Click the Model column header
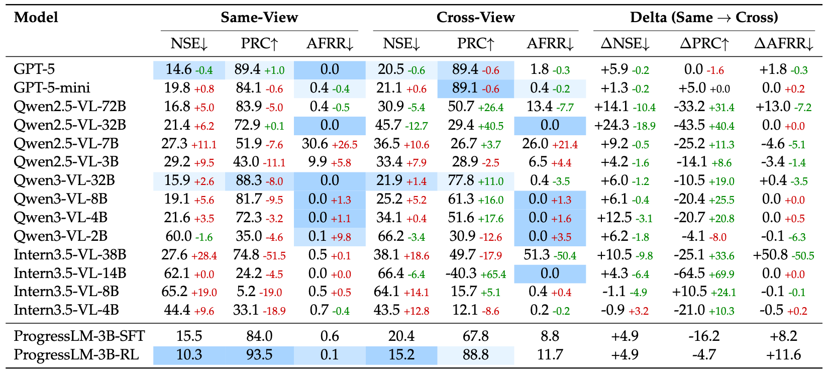[x=36, y=18]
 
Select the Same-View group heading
[x=259, y=18]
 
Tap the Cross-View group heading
[x=475, y=18]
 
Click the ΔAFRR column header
[x=783, y=44]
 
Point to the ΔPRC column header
[x=704, y=44]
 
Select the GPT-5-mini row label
[x=52, y=88]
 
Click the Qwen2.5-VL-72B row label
[x=70, y=107]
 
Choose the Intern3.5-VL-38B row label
[x=70, y=255]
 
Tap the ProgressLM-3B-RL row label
[x=76, y=355]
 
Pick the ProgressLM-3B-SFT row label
[x=79, y=336]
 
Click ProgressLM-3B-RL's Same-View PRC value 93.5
[x=259, y=355]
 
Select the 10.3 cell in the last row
[x=189, y=355]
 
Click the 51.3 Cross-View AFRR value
[x=536, y=255]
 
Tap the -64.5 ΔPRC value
[x=691, y=273]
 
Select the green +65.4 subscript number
[x=493, y=274]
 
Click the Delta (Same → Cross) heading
[x=704, y=18]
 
